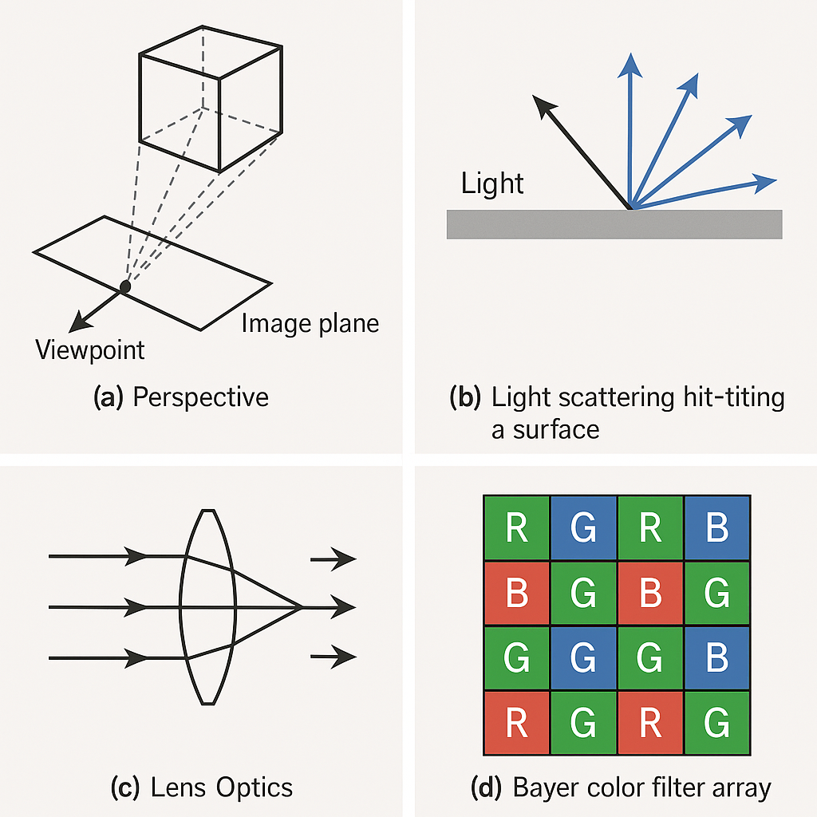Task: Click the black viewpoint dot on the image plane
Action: click(125, 286)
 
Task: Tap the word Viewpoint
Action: click(89, 350)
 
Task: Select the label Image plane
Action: click(310, 324)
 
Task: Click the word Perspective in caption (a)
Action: click(200, 397)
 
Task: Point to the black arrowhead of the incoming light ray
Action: click(543, 106)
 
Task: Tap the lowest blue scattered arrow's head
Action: click(765, 183)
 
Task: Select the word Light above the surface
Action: click(491, 184)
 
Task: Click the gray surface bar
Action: click(614, 224)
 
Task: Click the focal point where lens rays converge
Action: click(302, 607)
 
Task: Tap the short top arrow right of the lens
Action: click(334, 559)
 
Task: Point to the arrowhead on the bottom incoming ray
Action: click(136, 658)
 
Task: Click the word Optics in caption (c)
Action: click(255, 787)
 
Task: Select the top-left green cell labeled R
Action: click(517, 528)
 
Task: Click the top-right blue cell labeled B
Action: click(717, 528)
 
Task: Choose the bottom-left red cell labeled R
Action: click(517, 723)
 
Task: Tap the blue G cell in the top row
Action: click(583, 528)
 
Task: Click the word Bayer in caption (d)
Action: click(547, 788)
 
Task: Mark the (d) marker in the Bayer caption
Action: click(486, 787)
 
